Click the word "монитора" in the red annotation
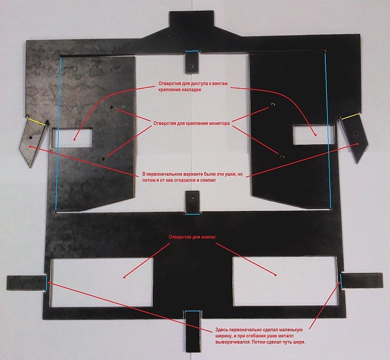coord(218,123)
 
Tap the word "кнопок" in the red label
coord(207,237)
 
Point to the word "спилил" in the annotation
coord(208,180)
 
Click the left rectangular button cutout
coord(101,282)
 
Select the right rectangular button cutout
coord(285,281)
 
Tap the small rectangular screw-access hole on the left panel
coord(72,138)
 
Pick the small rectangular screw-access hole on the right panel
coord(314,134)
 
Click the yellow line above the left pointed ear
coord(37,121)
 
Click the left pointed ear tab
coord(31,142)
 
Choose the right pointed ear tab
coord(355,139)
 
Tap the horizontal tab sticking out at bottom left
coord(27,283)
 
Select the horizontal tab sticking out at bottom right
coord(362,280)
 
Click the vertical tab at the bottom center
coord(193,331)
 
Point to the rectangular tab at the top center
coord(191,20)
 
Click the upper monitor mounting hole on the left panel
coord(111,107)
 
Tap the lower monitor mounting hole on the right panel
coord(282,157)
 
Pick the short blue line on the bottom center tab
coord(193,311)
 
